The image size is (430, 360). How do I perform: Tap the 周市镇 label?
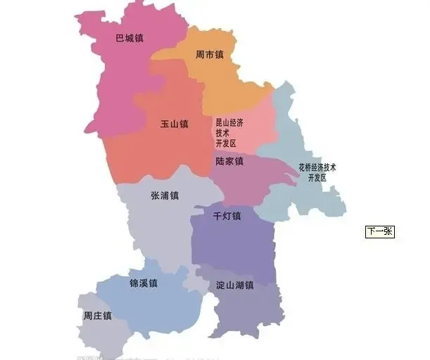point(209,54)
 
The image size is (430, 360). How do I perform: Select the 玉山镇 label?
point(174,124)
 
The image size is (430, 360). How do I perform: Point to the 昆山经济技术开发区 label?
point(229,133)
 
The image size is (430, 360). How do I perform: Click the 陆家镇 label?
point(229,161)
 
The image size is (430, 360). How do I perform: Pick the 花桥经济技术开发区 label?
point(317,173)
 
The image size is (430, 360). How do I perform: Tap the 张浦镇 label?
point(164,195)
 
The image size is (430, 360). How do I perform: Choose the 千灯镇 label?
point(227,215)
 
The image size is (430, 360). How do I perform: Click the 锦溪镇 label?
point(143,283)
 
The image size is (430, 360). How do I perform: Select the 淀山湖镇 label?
point(234,285)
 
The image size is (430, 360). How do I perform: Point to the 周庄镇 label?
point(97,316)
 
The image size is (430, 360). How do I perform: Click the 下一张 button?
point(379,231)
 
